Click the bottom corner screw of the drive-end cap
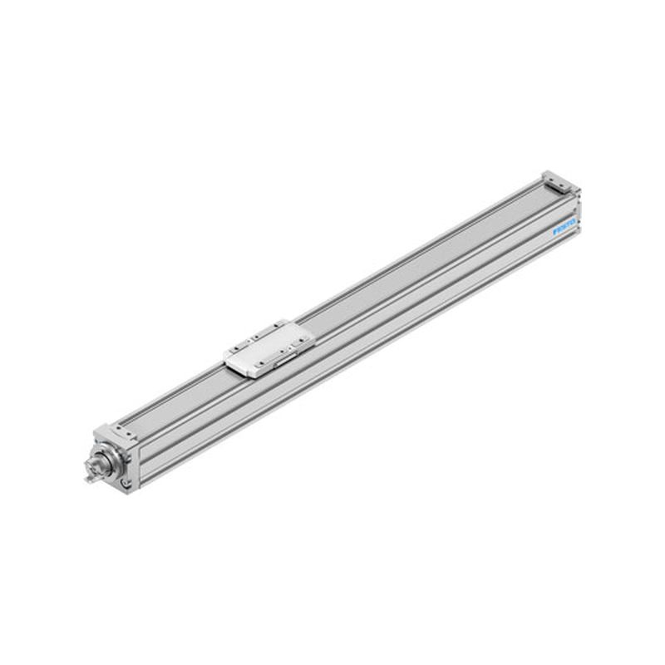click(125, 484)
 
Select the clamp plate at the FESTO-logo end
click(558, 180)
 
